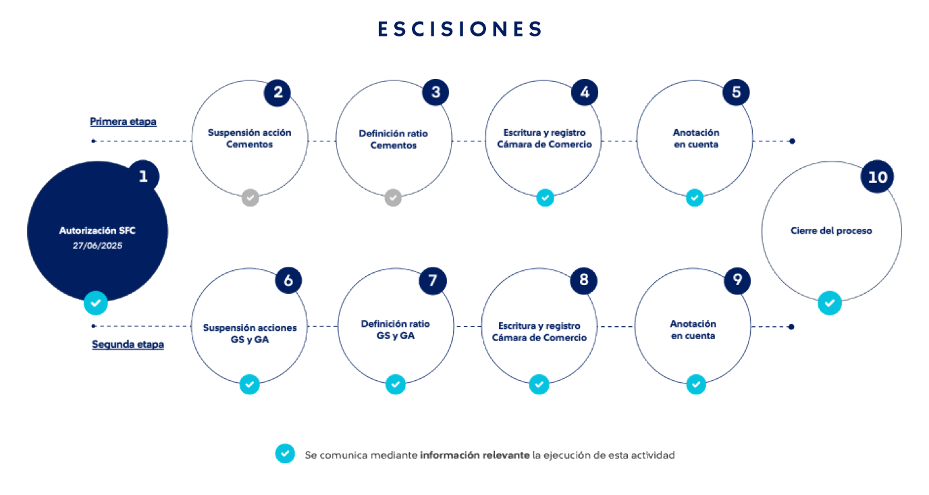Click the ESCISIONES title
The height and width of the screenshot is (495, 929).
point(460,28)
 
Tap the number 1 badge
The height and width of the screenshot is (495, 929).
point(143,176)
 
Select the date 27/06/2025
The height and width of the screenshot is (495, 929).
point(97,246)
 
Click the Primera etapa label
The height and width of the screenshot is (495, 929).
point(123,122)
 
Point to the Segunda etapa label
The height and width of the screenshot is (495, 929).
point(128,344)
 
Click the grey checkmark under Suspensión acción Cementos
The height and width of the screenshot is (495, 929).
point(250,197)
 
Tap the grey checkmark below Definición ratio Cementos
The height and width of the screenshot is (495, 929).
point(393,197)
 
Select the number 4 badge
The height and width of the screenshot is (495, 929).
point(585,92)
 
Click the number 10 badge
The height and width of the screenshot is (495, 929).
point(877,177)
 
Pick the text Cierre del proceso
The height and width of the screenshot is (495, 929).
point(831,231)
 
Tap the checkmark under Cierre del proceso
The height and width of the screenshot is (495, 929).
point(830,303)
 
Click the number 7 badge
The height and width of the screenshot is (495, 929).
point(433,281)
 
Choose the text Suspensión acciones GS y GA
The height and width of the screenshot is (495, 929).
point(250,334)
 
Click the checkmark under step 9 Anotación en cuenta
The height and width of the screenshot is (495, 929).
point(696,385)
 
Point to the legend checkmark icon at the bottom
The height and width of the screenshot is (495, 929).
point(285,454)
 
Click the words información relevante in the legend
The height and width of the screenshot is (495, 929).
point(475,455)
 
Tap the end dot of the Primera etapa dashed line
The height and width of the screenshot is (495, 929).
point(792,141)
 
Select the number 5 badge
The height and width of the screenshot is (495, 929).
point(736,92)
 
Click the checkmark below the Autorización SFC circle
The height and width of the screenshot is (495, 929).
point(96,303)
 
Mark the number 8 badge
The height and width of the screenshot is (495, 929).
point(583,280)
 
